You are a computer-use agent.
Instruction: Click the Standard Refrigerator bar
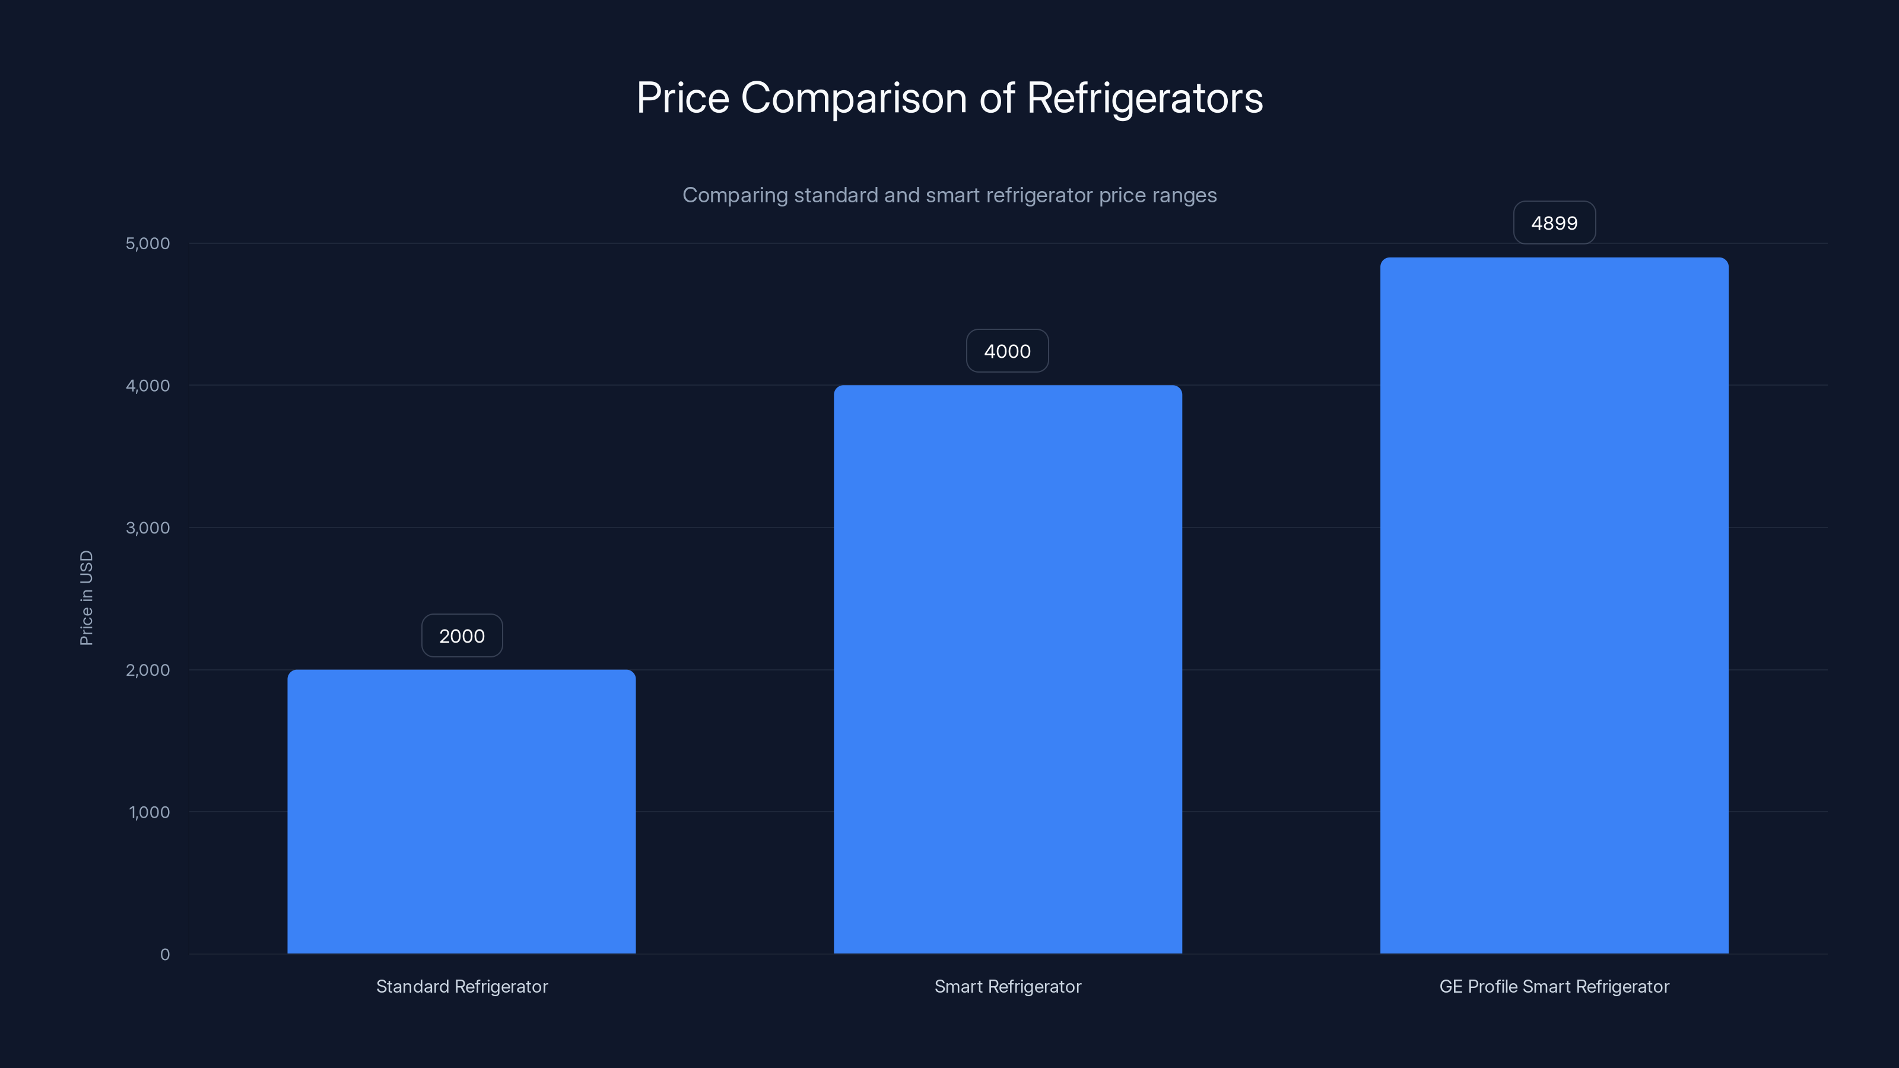[462, 810]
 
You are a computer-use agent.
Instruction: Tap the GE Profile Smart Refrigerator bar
[1554, 605]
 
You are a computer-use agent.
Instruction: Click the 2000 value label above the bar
[462, 635]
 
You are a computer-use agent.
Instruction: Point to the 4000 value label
[1007, 351]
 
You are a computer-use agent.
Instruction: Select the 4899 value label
[1554, 223]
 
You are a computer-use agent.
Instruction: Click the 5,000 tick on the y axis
[147, 243]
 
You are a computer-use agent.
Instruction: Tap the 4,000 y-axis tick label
[147, 386]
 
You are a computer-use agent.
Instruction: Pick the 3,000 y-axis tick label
[147, 527]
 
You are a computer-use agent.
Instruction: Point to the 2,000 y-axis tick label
[147, 670]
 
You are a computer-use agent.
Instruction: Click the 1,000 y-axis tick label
[149, 812]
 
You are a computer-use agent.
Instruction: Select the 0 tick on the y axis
[164, 955]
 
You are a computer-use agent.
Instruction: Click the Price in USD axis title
[86, 597]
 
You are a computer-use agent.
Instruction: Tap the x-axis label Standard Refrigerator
[462, 986]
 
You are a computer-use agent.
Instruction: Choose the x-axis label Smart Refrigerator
[1008, 986]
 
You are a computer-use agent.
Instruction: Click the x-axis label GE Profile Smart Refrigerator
[1554, 986]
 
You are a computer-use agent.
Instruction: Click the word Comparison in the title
[854, 98]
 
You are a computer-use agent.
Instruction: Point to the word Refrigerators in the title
[1144, 98]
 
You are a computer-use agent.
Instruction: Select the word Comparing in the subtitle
[734, 195]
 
